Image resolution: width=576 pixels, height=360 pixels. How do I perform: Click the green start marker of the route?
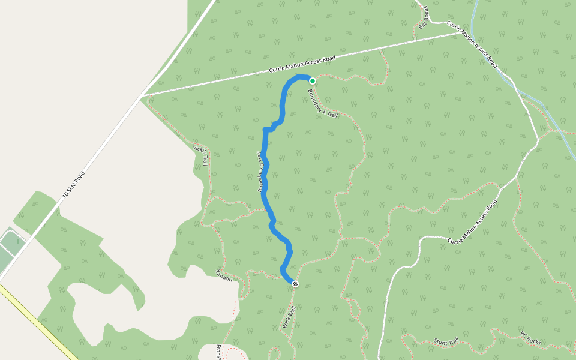point(313,80)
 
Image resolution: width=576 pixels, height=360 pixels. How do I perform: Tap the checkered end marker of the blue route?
point(295,283)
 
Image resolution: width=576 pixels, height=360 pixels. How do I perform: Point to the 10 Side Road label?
point(73,184)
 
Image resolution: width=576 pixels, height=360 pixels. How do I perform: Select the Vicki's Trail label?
point(200,155)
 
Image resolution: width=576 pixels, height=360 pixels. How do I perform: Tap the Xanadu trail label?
point(224,275)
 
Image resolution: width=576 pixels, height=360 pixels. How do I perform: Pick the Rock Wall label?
point(289,317)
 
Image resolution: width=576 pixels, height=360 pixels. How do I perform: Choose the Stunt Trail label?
point(446,341)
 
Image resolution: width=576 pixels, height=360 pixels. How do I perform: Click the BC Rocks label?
point(530,338)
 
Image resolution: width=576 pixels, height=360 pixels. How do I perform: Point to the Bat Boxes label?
point(423,17)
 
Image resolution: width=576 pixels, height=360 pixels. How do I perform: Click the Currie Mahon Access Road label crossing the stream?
point(472,43)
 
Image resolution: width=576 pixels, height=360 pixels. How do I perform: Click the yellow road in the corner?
point(36,321)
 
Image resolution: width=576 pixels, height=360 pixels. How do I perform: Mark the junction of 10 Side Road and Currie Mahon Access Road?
point(142,96)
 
